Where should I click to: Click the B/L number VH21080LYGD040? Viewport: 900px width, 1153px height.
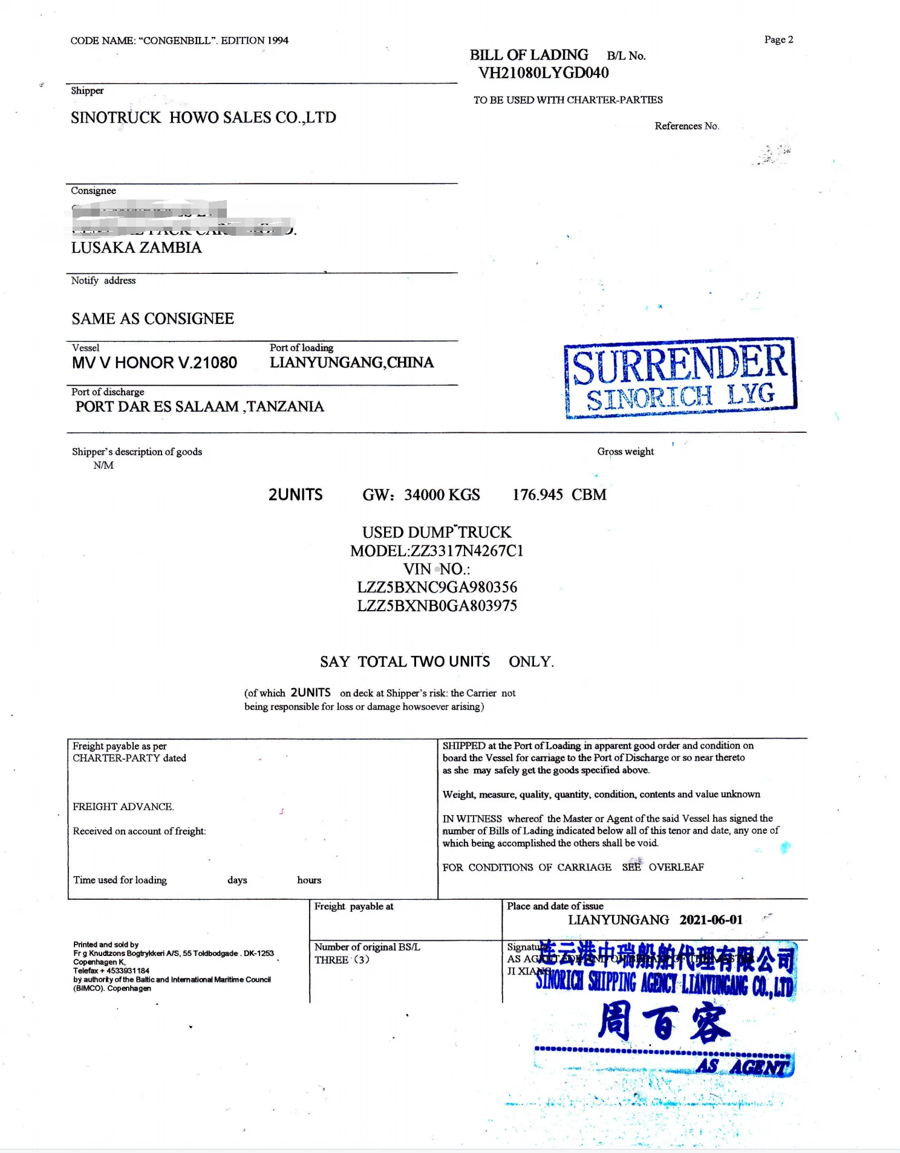pos(543,73)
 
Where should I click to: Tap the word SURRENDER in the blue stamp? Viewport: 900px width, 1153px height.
pos(679,364)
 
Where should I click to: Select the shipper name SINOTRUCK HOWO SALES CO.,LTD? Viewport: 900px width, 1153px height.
pos(203,117)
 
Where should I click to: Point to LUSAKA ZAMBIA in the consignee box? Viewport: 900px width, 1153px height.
pos(136,248)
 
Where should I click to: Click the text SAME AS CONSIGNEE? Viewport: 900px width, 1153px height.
pos(152,319)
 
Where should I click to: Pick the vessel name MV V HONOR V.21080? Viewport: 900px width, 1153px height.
pos(154,363)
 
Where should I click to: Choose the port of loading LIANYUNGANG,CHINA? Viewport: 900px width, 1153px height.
pos(351,363)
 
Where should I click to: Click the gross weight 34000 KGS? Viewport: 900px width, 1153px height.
pos(442,495)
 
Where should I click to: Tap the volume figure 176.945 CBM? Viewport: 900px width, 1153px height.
pos(559,495)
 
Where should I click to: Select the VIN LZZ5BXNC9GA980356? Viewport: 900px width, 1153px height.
pos(437,587)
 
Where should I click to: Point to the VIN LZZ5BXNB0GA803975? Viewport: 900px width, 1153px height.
pos(437,606)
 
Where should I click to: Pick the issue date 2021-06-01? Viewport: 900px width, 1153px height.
pos(711,920)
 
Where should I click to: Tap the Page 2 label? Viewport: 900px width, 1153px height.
pos(778,40)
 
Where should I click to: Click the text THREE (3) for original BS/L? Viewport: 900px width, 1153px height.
pos(342,960)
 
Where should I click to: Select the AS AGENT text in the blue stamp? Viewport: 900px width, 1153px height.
pos(743,1067)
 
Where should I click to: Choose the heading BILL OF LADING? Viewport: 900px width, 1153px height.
pos(529,55)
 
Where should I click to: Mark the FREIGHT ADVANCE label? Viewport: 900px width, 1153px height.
pos(123,807)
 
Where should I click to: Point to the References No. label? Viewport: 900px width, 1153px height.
pos(686,126)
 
